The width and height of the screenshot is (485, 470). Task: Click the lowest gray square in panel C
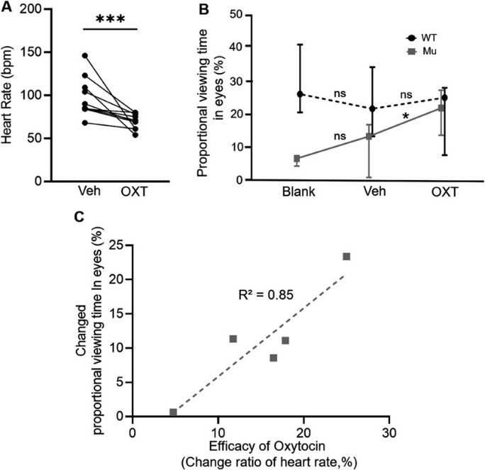click(x=173, y=413)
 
